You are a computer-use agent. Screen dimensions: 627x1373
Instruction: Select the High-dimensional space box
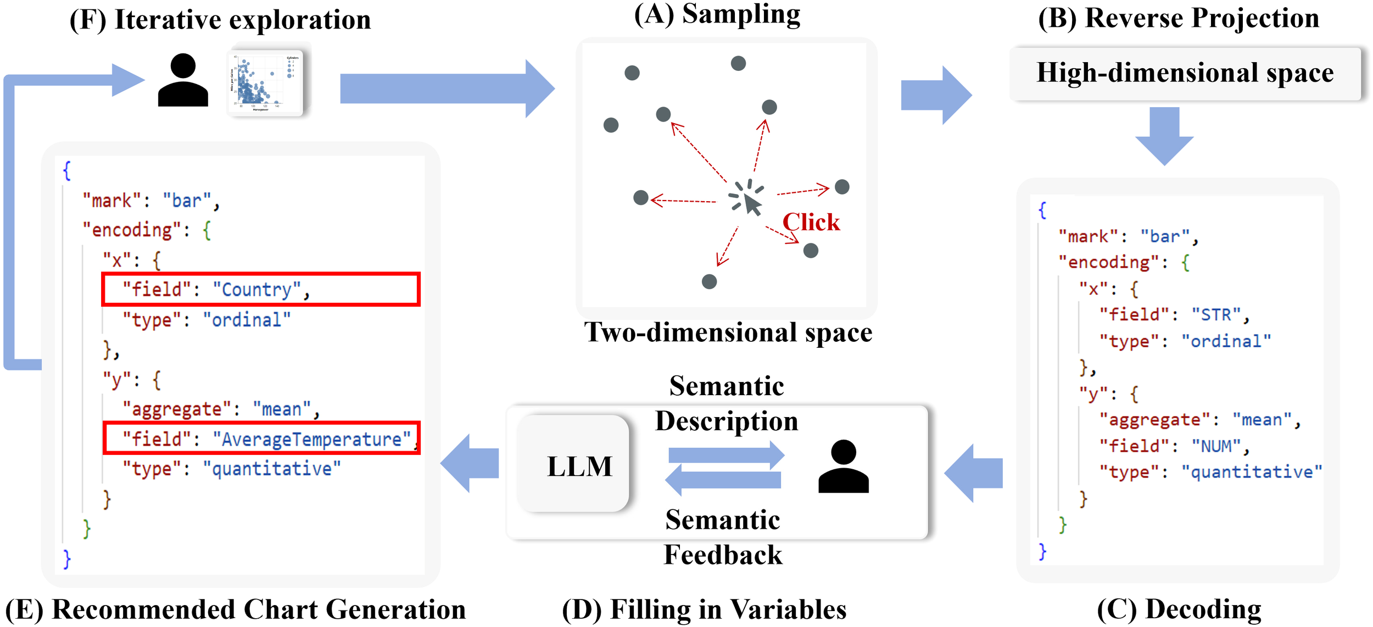pyautogui.click(x=1185, y=73)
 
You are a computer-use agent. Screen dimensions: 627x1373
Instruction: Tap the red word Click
pyautogui.click(x=811, y=222)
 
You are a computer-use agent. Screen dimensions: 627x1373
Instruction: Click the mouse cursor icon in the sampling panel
pyautogui.click(x=751, y=203)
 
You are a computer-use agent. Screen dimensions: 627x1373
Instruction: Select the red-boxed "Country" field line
pyautogui.click(x=261, y=289)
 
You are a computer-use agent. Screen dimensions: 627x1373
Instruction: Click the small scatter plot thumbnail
pyautogui.click(x=266, y=81)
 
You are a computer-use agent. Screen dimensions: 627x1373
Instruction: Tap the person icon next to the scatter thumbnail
pyautogui.click(x=183, y=80)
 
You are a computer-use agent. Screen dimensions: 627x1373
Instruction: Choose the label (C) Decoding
pyautogui.click(x=1179, y=609)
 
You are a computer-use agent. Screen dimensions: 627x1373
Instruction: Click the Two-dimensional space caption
pyautogui.click(x=728, y=332)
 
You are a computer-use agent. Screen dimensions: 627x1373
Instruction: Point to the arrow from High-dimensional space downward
pyautogui.click(x=1164, y=135)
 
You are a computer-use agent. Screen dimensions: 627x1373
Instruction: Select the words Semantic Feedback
pyautogui.click(x=722, y=537)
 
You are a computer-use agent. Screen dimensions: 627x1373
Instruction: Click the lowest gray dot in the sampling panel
pyautogui.click(x=709, y=282)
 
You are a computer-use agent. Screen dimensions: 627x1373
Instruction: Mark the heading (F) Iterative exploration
pyautogui.click(x=220, y=20)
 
